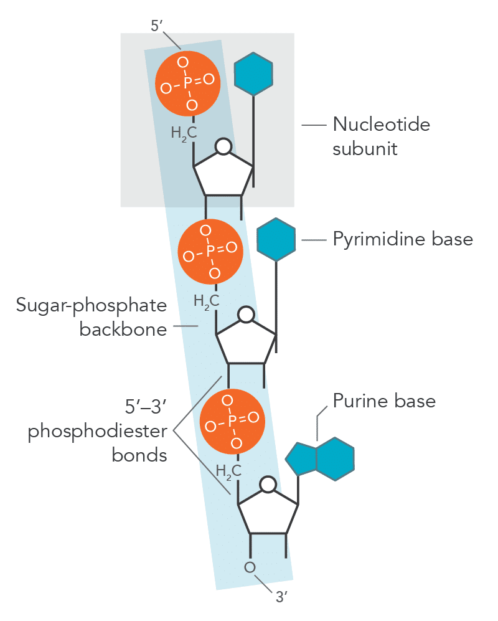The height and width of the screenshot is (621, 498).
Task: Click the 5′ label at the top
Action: pyautogui.click(x=157, y=27)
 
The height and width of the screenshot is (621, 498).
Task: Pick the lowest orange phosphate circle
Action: pyautogui.click(x=232, y=422)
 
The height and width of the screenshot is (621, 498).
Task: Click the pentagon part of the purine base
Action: pyautogui.click(x=301, y=459)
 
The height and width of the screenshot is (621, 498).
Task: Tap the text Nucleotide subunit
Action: pyautogui.click(x=380, y=136)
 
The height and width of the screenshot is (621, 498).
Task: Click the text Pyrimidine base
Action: pyautogui.click(x=403, y=239)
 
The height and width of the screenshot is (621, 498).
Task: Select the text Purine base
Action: pyautogui.click(x=383, y=400)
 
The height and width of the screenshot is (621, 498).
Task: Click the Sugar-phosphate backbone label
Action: pyautogui.click(x=92, y=317)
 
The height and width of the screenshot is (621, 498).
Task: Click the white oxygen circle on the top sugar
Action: pyautogui.click(x=223, y=147)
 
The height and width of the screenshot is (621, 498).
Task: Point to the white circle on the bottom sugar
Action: pyautogui.click(x=268, y=485)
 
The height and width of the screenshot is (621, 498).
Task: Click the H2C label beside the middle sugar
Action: pyautogui.click(x=206, y=301)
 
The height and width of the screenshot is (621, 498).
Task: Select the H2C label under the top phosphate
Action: pyautogui.click(x=184, y=133)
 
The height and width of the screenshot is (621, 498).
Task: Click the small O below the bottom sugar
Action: pyautogui.click(x=250, y=567)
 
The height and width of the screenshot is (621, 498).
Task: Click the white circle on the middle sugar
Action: pyautogui.click(x=247, y=315)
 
